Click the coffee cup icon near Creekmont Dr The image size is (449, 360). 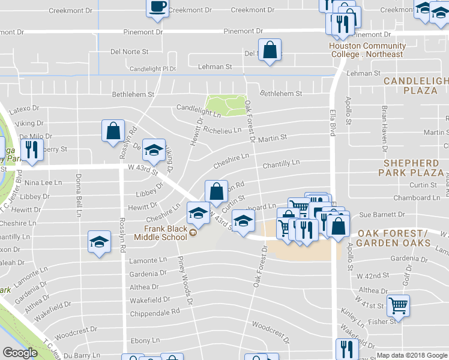[x=158, y=8]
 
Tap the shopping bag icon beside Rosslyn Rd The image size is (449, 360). [x=113, y=131]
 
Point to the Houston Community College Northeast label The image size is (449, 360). [x=367, y=50]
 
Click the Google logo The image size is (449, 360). [x=20, y=353]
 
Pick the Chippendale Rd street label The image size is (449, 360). [x=155, y=313]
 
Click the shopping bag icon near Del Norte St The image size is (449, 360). [x=270, y=51]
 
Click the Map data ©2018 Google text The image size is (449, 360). [x=412, y=355]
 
